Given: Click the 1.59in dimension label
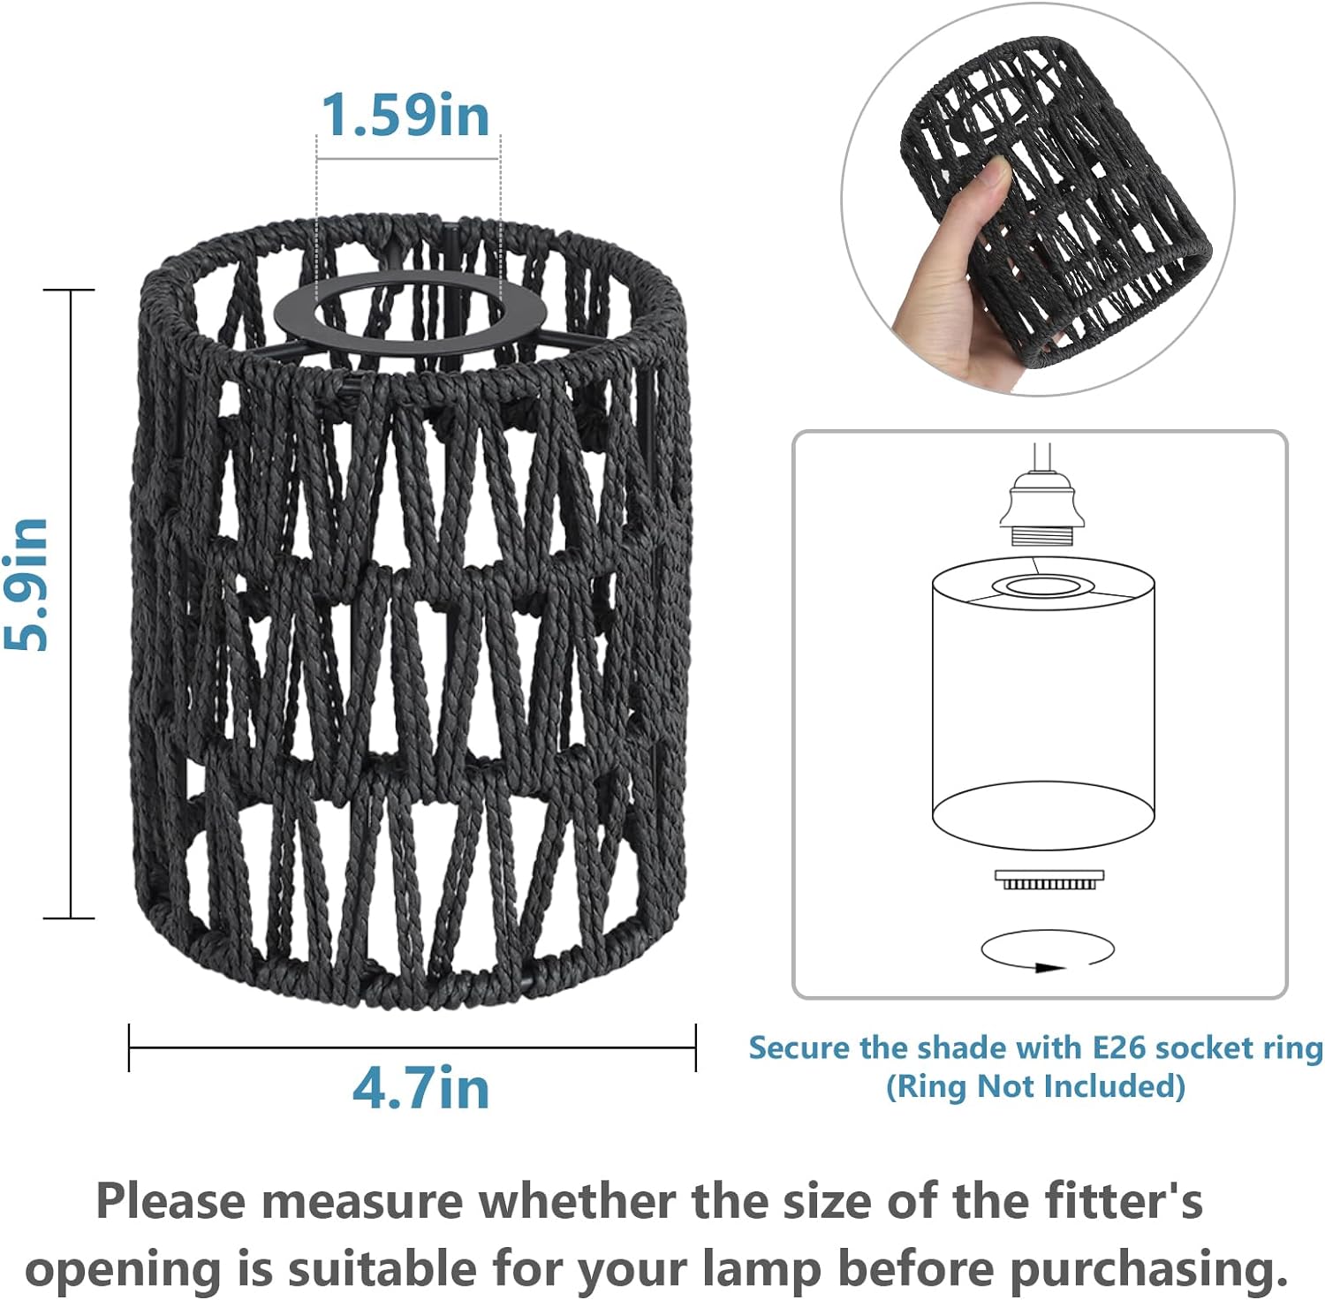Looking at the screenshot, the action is [x=405, y=115].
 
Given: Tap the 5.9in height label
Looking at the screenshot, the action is [x=26, y=585].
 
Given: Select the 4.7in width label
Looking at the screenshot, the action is [x=420, y=1087].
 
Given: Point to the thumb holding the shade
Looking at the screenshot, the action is [x=980, y=195].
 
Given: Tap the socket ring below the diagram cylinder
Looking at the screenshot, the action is [x=1049, y=880].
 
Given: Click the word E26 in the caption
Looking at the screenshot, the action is [x=1120, y=1047].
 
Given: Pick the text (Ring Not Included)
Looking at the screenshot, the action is [x=1035, y=1085].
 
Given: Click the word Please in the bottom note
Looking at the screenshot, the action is [x=172, y=1201].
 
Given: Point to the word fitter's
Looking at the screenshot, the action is [x=1124, y=1201].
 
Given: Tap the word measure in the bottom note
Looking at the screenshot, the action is [x=362, y=1203].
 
